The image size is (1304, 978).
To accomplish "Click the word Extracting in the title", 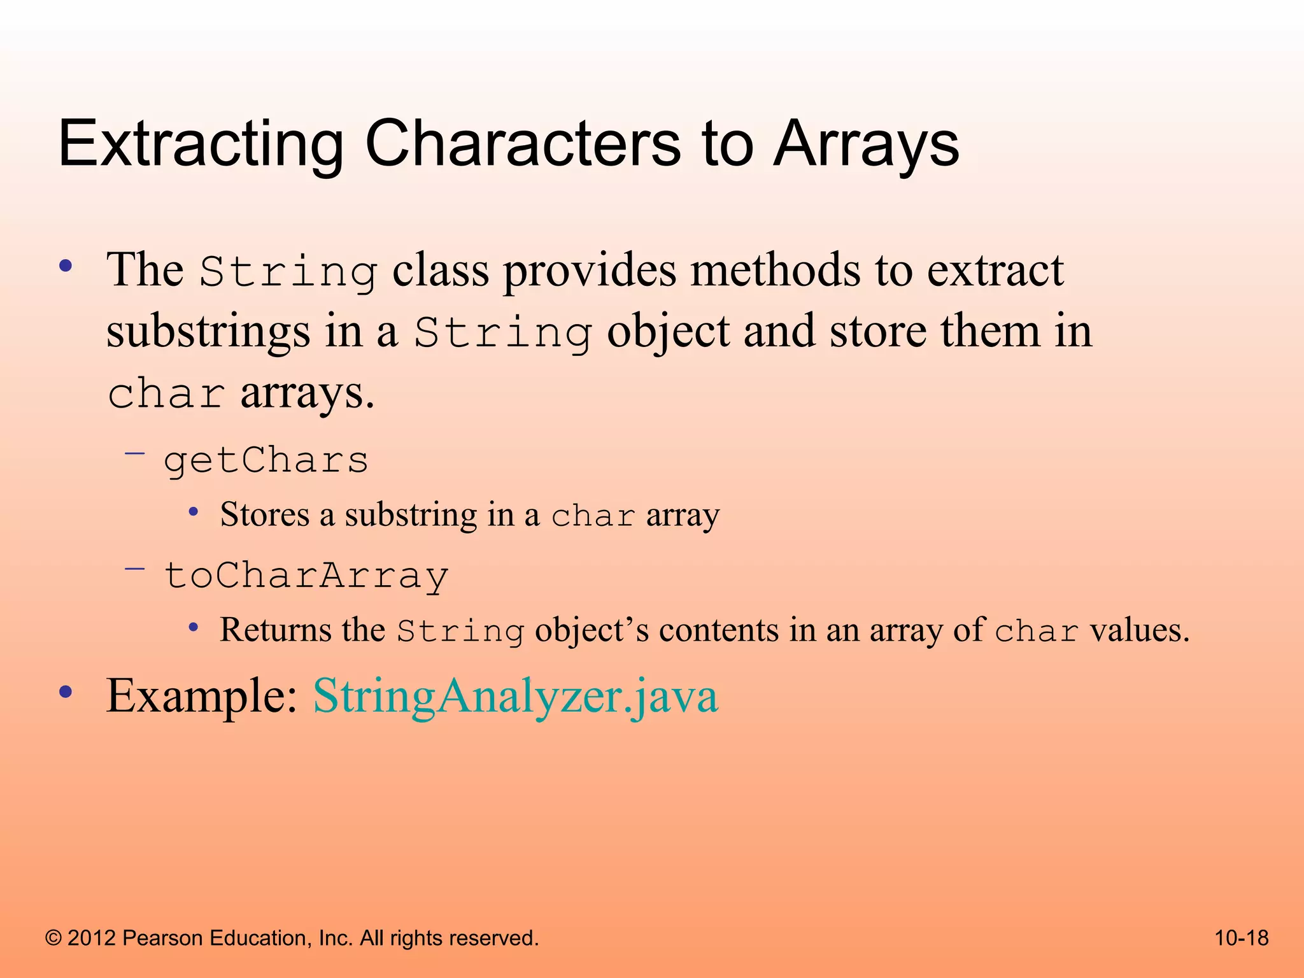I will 201,145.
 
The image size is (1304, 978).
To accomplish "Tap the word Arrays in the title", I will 866,145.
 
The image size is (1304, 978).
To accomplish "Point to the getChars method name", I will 266,460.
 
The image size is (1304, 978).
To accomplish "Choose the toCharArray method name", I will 306,576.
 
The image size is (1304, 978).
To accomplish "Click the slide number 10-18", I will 1241,938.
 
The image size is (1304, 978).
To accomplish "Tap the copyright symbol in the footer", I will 53,939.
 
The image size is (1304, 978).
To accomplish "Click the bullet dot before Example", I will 66,692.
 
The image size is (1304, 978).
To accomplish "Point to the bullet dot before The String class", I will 66,266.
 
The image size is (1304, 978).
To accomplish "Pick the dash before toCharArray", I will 135,568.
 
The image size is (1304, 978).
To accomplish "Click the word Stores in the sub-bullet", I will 264,514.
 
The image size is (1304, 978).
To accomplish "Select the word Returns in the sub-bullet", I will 276,630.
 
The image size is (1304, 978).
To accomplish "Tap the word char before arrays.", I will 166,393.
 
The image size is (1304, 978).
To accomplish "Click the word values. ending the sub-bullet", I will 1139,630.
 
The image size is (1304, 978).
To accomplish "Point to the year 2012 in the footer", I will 91,939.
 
